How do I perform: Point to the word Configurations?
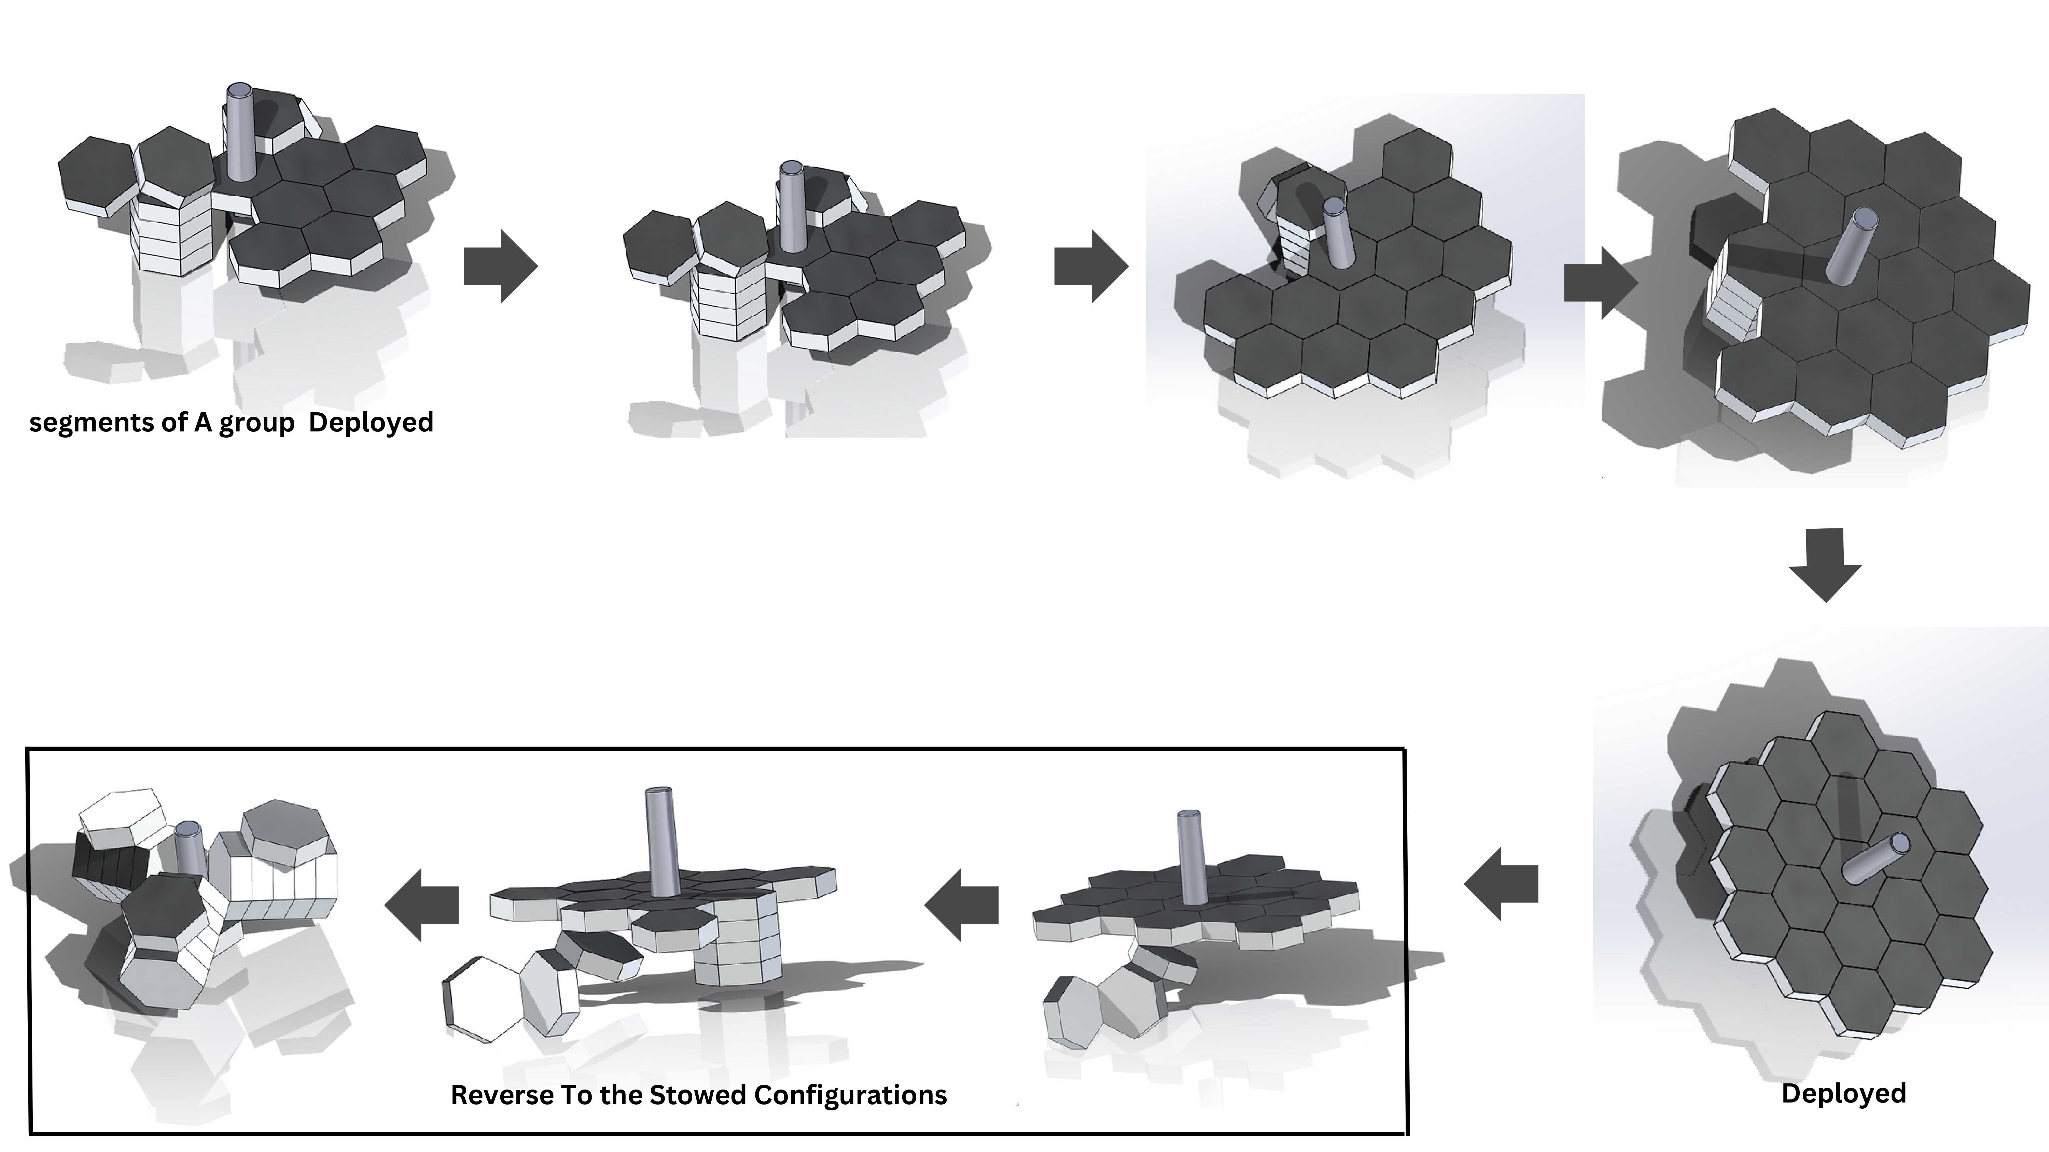click(x=850, y=1096)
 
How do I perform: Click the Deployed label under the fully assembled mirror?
click(x=1844, y=1094)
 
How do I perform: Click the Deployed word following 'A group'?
click(x=371, y=422)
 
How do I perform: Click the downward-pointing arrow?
click(x=1825, y=565)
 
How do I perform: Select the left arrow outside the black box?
click(x=1501, y=884)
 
